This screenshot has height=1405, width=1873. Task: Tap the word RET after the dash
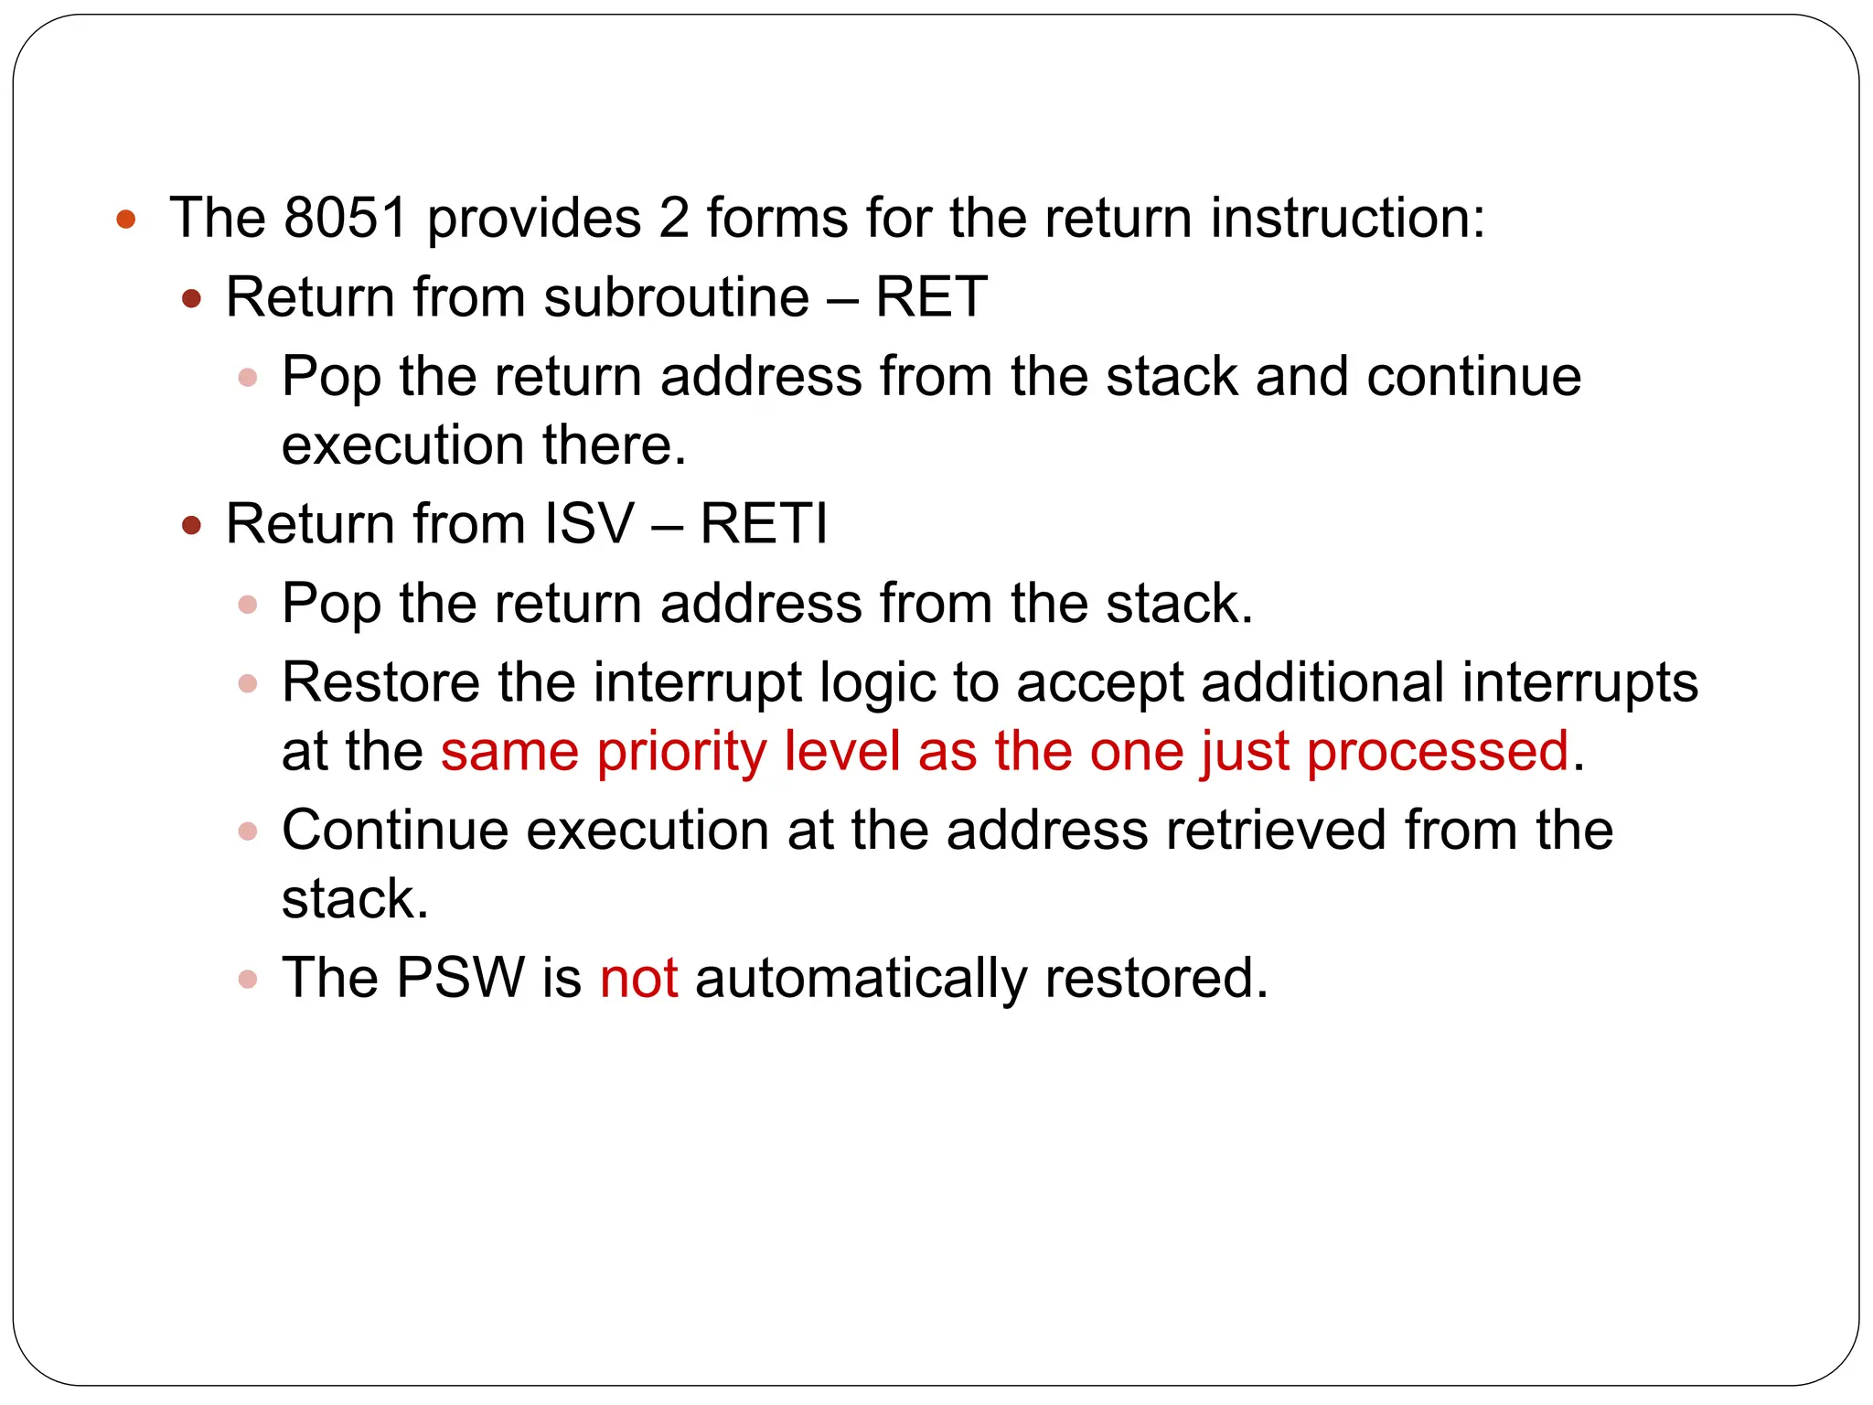(x=930, y=297)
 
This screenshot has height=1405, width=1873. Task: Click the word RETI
(x=764, y=524)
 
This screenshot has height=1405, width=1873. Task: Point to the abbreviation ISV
(x=589, y=524)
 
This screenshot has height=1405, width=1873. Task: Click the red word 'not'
(x=638, y=978)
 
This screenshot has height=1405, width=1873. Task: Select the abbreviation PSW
(x=460, y=978)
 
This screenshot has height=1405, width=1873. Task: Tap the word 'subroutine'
(x=676, y=297)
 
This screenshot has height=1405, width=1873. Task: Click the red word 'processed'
(x=1437, y=752)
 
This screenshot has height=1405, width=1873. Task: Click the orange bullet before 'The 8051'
(x=126, y=219)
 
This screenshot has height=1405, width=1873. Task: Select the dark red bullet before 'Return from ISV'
(x=191, y=525)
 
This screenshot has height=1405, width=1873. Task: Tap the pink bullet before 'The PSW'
(x=247, y=980)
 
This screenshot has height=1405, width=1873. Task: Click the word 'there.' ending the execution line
(x=614, y=445)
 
